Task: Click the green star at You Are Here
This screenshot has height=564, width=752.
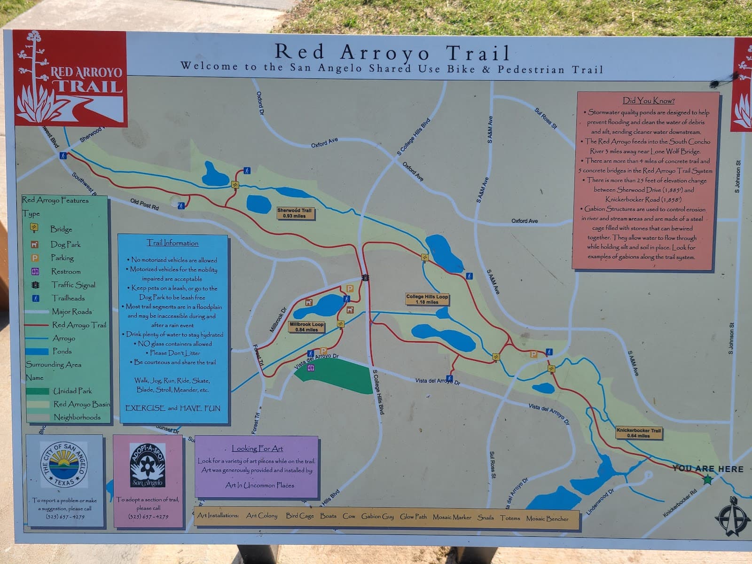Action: pyautogui.click(x=707, y=480)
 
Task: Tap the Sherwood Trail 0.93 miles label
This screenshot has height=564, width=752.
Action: pyautogui.click(x=294, y=213)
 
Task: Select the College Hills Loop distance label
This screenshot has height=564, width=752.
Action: pyautogui.click(x=427, y=299)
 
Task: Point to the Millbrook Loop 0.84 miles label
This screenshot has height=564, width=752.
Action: pyautogui.click(x=306, y=327)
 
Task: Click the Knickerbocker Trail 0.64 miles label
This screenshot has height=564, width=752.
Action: pyautogui.click(x=638, y=433)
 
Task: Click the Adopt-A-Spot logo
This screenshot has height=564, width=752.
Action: pyautogui.click(x=148, y=465)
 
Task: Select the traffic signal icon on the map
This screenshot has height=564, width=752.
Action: pyautogui.click(x=365, y=278)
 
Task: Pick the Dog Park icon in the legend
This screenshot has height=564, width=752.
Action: pyautogui.click(x=35, y=244)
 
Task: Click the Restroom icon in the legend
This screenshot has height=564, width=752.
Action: pyautogui.click(x=35, y=271)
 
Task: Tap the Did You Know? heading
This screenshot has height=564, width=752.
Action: pyautogui.click(x=648, y=101)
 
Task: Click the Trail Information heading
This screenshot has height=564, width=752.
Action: pyautogui.click(x=172, y=243)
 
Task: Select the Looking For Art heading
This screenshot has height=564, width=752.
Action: pyautogui.click(x=257, y=448)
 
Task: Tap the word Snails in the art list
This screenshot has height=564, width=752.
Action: pyautogui.click(x=486, y=517)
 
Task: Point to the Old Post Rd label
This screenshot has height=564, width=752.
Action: pyautogui.click(x=144, y=204)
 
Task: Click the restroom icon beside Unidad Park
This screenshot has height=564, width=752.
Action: pyautogui.click(x=310, y=368)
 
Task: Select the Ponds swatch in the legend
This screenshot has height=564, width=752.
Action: pyautogui.click(x=37, y=351)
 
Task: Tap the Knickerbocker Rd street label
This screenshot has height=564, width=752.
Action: pyautogui.click(x=680, y=503)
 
